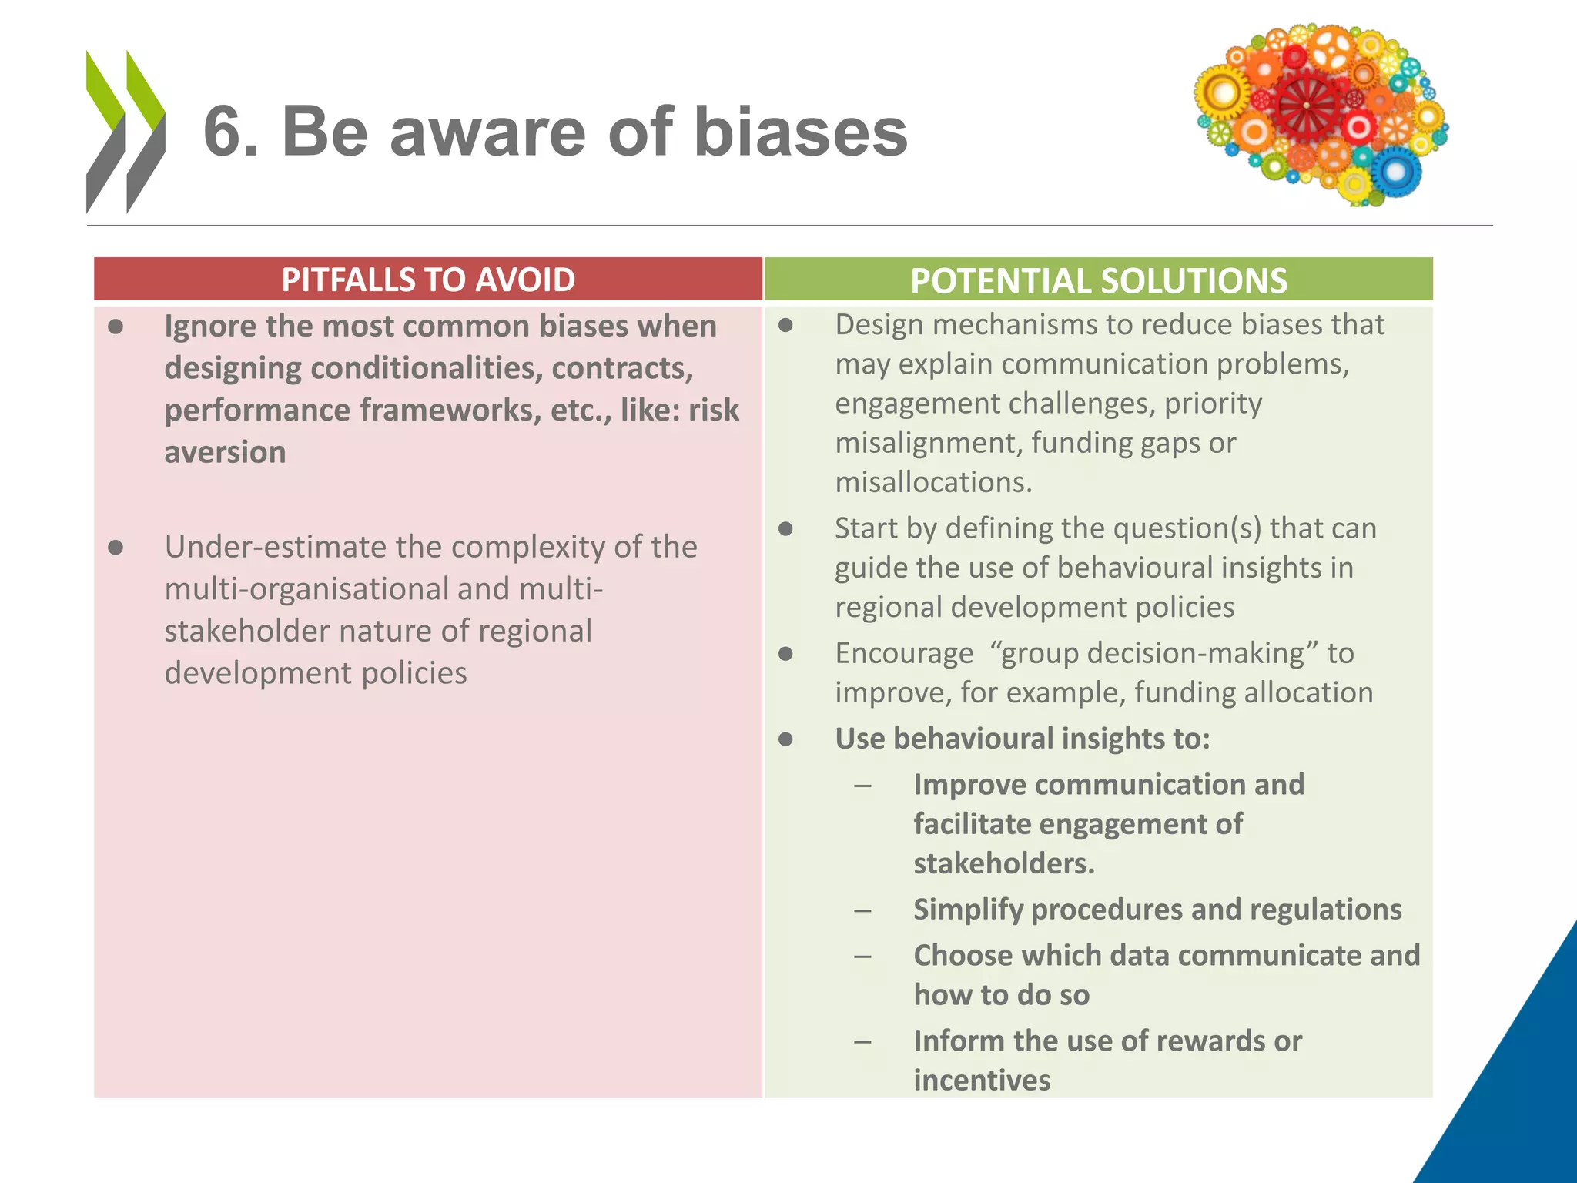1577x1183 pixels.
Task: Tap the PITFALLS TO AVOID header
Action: point(428,280)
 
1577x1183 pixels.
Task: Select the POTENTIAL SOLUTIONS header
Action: point(1099,280)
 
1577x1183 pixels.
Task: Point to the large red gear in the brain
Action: point(1306,106)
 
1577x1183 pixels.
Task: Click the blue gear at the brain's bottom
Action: point(1395,171)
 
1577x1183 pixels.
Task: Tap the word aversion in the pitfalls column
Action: point(225,452)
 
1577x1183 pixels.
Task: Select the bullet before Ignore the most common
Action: point(116,327)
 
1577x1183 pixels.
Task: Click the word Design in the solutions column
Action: point(879,325)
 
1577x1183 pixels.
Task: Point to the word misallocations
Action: point(933,483)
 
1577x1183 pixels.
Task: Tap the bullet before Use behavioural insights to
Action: point(785,739)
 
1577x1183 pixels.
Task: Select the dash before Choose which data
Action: point(862,957)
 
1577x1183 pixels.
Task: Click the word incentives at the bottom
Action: point(982,1081)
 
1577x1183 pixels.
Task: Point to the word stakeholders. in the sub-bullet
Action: point(1004,863)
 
